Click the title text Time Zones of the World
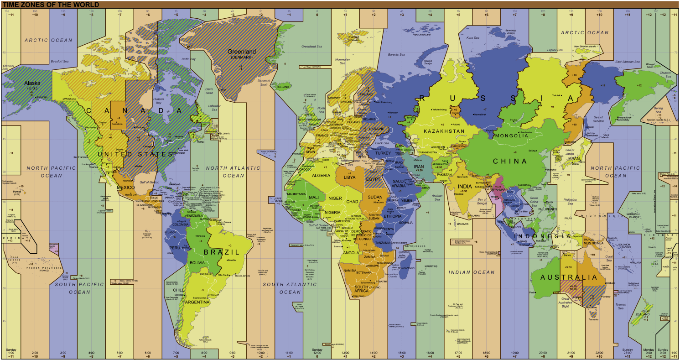51,5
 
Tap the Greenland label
242,52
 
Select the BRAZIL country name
222,252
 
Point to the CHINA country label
509,161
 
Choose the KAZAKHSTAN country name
444,131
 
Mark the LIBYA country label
349,177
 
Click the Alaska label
32,83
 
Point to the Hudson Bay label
159,100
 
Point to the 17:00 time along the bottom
458,353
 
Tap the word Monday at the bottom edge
648,349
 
